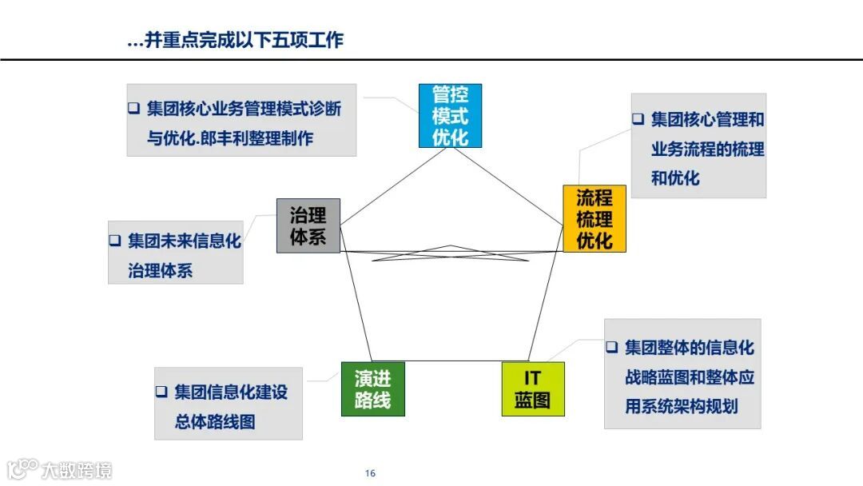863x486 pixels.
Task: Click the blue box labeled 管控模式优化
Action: [450, 116]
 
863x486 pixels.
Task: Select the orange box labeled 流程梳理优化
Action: [595, 219]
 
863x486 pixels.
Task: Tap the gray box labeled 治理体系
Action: [308, 226]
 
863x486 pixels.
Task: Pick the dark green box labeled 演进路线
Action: [372, 389]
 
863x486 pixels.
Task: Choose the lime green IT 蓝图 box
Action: [533, 389]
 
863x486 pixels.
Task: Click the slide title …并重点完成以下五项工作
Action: [235, 39]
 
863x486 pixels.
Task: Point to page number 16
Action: [370, 473]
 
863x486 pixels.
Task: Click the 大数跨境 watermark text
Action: [78, 469]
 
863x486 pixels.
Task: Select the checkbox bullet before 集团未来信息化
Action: [115, 241]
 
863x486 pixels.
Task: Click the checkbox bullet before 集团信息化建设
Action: [161, 392]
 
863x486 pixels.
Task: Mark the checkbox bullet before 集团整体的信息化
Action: [611, 348]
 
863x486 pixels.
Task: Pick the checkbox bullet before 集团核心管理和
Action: [638, 119]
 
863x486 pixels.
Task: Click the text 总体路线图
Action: [215, 421]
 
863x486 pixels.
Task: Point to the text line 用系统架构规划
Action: [681, 406]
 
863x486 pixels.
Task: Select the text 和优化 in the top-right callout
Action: [675, 177]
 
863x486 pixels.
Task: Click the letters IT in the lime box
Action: [533, 377]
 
